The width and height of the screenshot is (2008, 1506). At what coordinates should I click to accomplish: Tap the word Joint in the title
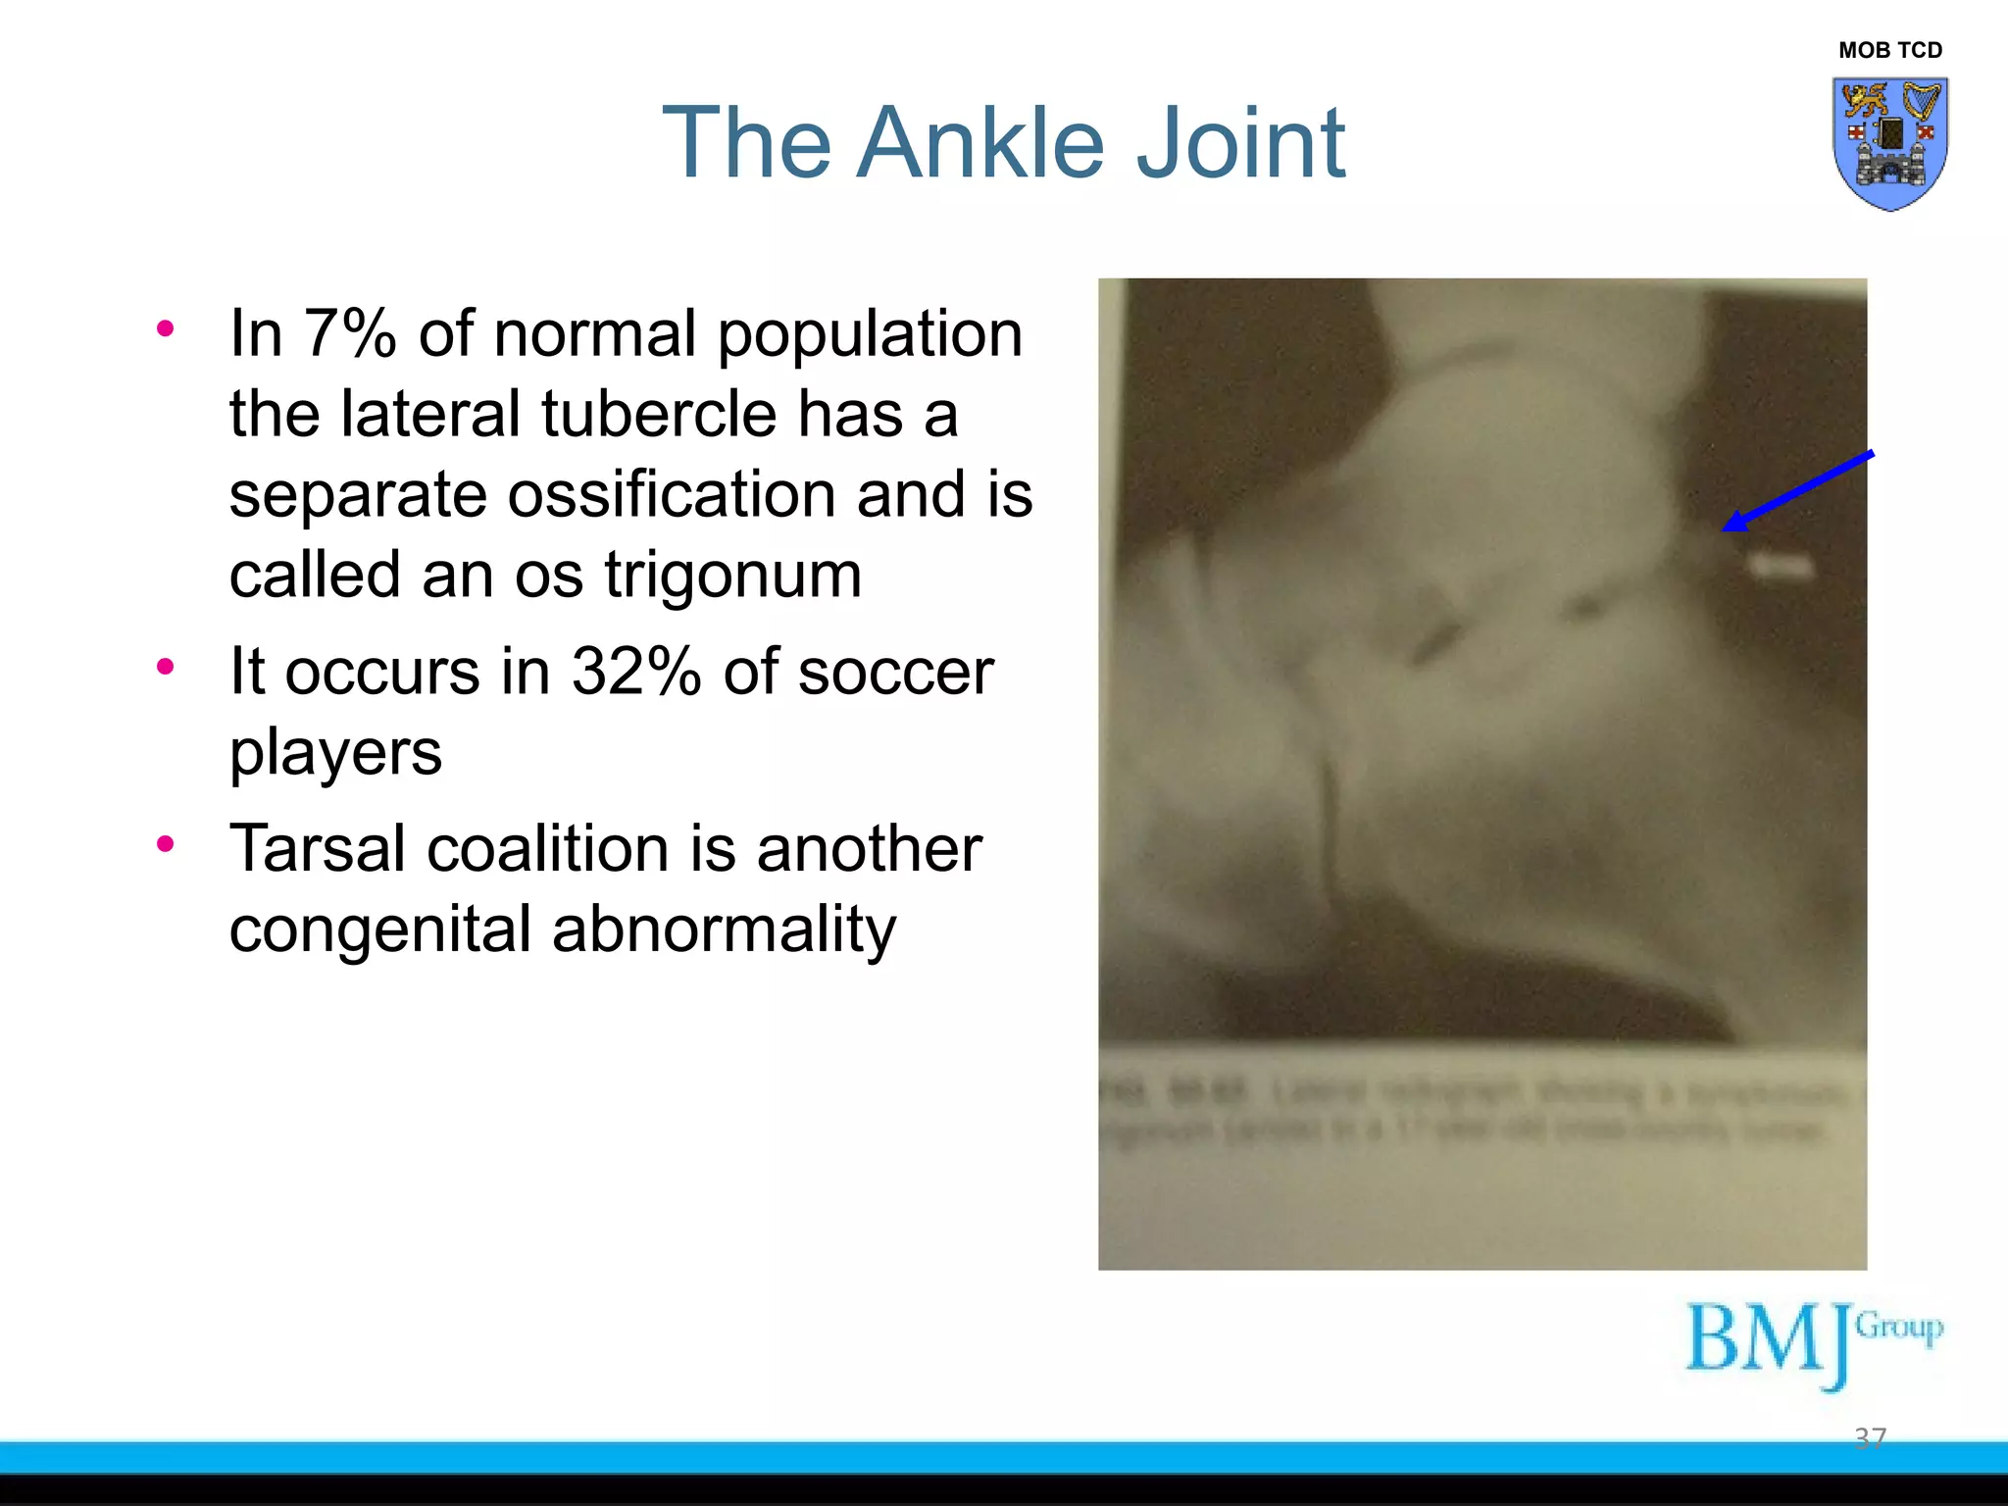(1239, 143)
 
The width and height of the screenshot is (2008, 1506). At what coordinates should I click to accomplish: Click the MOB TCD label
(1889, 50)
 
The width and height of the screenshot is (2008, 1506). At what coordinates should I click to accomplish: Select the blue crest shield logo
(1889, 143)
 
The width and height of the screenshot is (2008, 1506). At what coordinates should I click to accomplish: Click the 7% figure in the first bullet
(349, 333)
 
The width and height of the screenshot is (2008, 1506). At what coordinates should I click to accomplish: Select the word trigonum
(733, 575)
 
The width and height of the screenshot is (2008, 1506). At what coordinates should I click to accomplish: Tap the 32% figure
(636, 672)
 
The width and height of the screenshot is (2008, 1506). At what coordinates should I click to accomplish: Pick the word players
(335, 753)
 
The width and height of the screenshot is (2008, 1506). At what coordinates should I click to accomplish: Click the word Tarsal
(317, 848)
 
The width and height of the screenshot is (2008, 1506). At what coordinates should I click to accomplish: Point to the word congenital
(379, 929)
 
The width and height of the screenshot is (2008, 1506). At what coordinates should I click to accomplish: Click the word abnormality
(724, 929)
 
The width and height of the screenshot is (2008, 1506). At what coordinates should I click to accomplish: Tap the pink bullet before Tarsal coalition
(166, 843)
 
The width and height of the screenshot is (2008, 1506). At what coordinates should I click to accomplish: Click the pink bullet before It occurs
(166, 667)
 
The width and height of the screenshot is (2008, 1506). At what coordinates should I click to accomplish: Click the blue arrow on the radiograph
(1796, 491)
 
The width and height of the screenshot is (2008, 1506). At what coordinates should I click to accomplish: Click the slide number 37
(1870, 1437)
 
